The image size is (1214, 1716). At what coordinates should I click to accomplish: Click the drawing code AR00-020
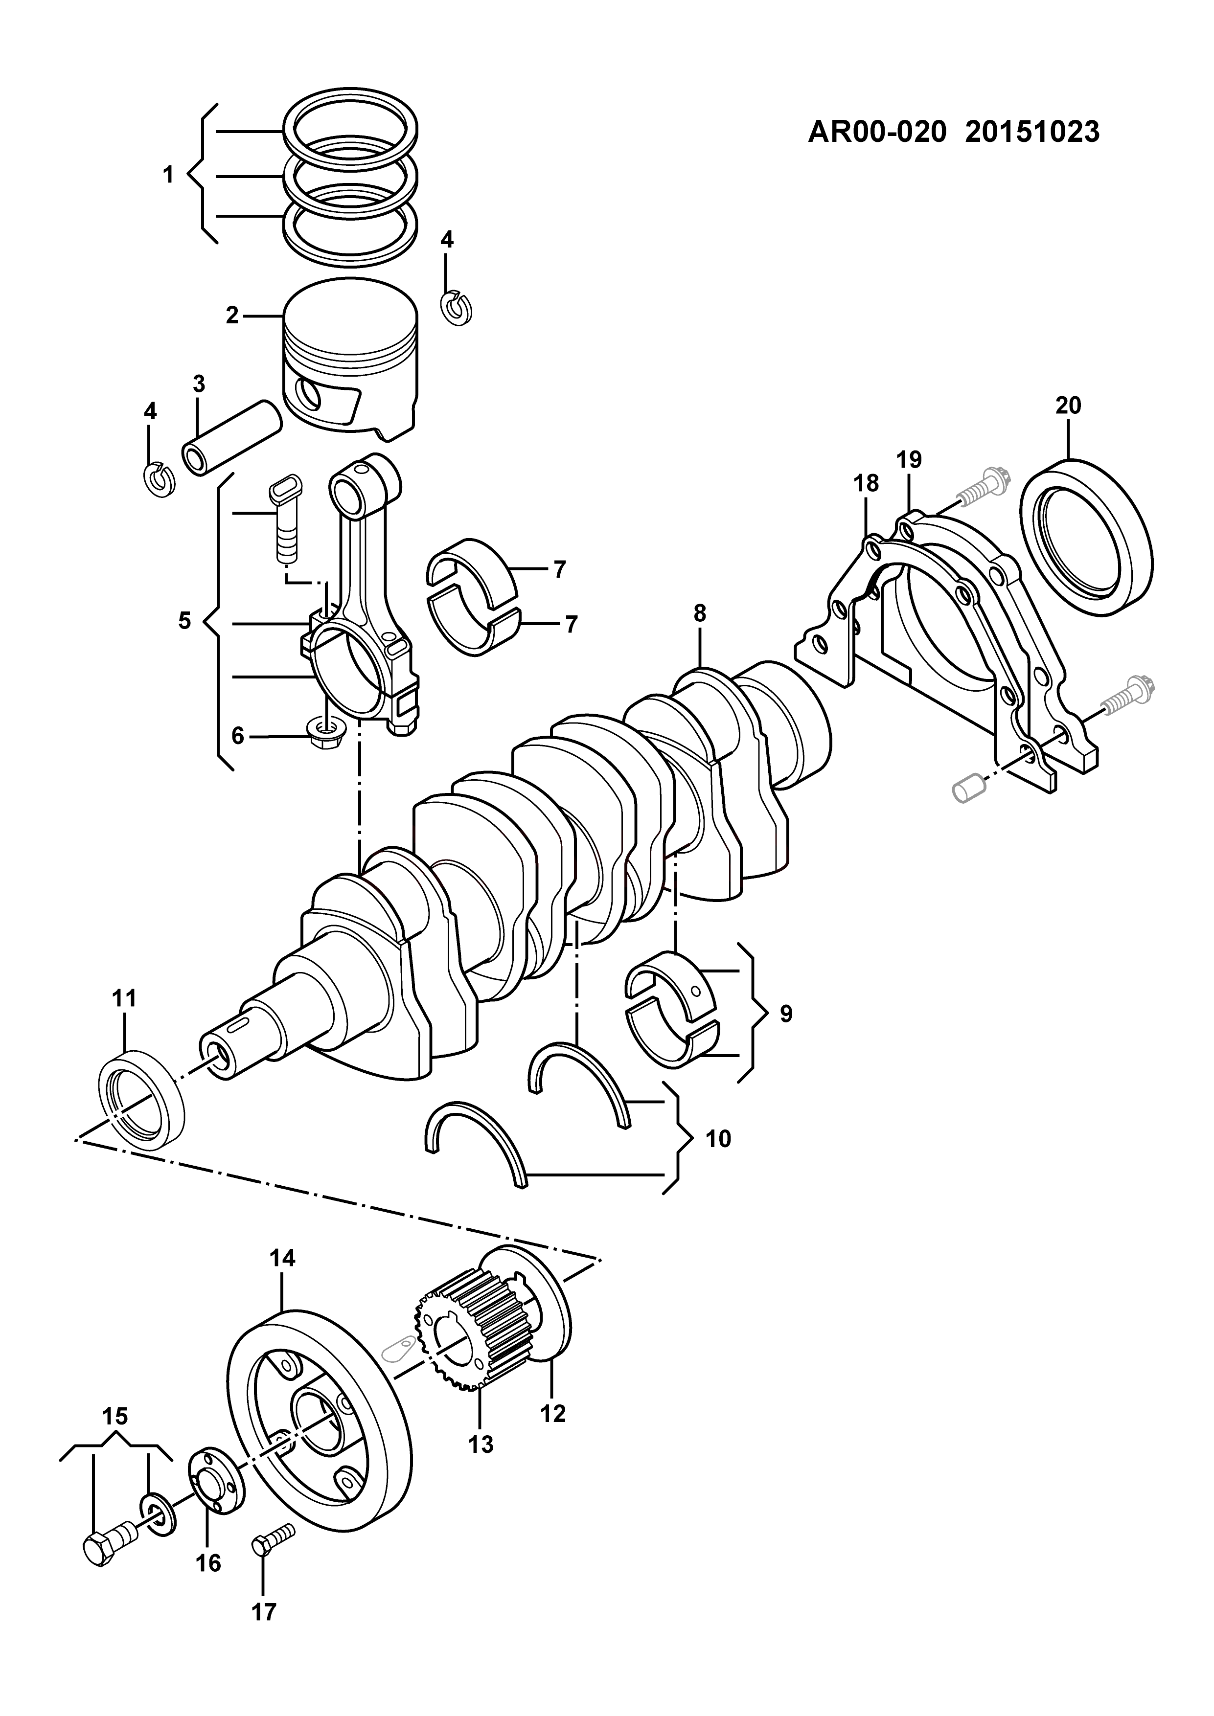pos(878,132)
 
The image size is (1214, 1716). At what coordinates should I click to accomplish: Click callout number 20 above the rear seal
pos(1068,406)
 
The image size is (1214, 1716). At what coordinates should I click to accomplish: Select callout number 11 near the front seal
pos(124,998)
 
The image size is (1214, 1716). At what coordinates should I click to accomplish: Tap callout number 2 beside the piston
pos(232,316)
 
